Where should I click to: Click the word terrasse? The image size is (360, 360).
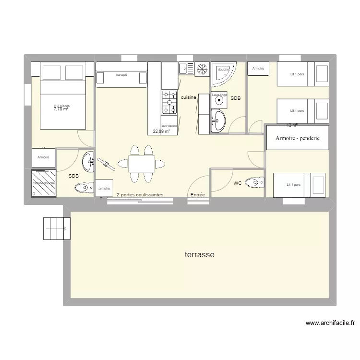199,255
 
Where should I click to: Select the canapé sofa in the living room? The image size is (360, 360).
121,77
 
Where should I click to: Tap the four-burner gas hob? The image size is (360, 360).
169,103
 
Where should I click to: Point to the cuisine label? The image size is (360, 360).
189,97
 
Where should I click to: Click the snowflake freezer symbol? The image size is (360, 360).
202,70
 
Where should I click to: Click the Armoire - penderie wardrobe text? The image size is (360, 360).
298,138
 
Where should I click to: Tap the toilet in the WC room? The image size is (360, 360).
254,182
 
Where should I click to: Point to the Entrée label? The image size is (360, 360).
198,195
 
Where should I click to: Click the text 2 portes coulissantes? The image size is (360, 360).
140,195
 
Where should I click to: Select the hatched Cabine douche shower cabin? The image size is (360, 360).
44,183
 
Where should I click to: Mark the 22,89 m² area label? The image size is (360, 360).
161,131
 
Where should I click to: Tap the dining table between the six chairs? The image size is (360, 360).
141,164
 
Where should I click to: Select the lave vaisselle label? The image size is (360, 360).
169,126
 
